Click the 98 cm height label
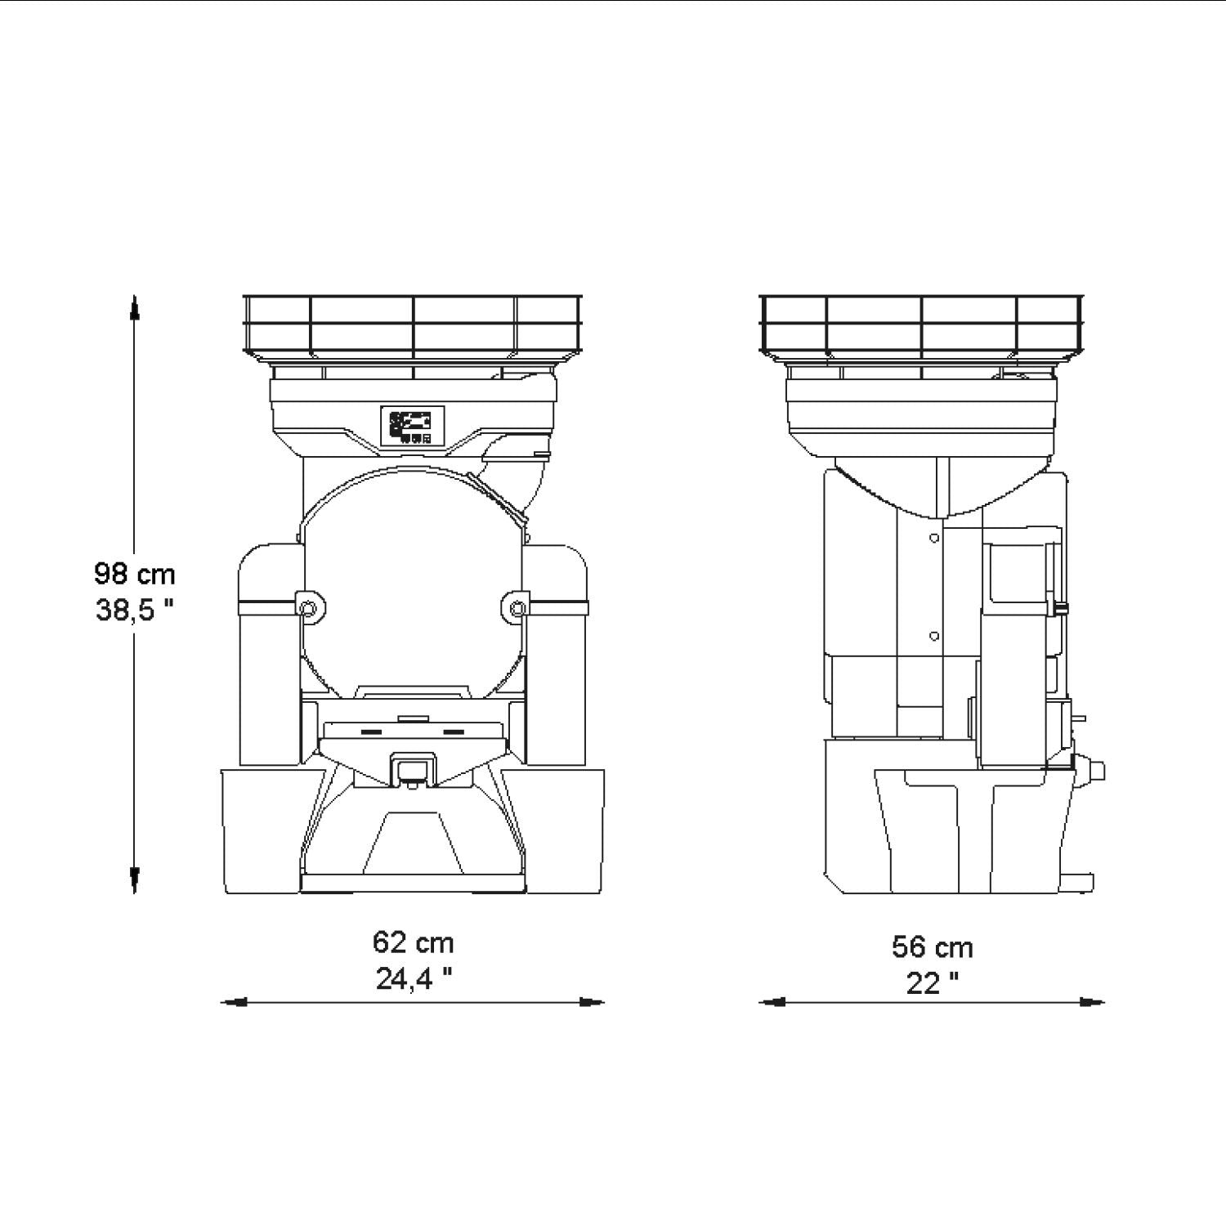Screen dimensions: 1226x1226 [135, 574]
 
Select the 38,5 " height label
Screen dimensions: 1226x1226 [135, 610]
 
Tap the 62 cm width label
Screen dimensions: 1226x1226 [413, 942]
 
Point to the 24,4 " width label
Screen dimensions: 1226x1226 [414, 978]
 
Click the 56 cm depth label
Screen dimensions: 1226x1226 [933, 947]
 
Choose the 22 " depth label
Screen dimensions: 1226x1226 [933, 983]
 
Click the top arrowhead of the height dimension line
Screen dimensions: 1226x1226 [135, 307]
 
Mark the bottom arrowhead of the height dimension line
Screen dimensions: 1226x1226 [135, 880]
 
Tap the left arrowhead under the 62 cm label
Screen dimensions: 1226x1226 [235, 1002]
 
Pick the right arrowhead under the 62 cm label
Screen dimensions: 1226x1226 [591, 1002]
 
